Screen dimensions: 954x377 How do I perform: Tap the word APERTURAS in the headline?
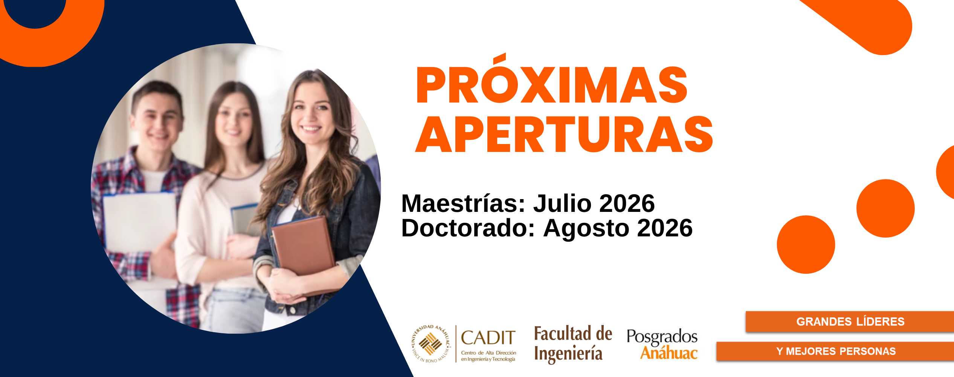click(x=564, y=134)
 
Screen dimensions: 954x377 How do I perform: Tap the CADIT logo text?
click(x=488, y=338)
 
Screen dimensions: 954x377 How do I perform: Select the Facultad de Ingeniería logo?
click(x=573, y=344)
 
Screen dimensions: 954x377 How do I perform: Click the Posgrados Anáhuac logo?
click(x=662, y=344)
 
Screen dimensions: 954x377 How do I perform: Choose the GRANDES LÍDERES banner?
click(x=850, y=322)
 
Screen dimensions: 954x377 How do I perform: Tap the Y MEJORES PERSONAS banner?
click(x=835, y=351)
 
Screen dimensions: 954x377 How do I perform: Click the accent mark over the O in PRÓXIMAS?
click(x=499, y=59)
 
